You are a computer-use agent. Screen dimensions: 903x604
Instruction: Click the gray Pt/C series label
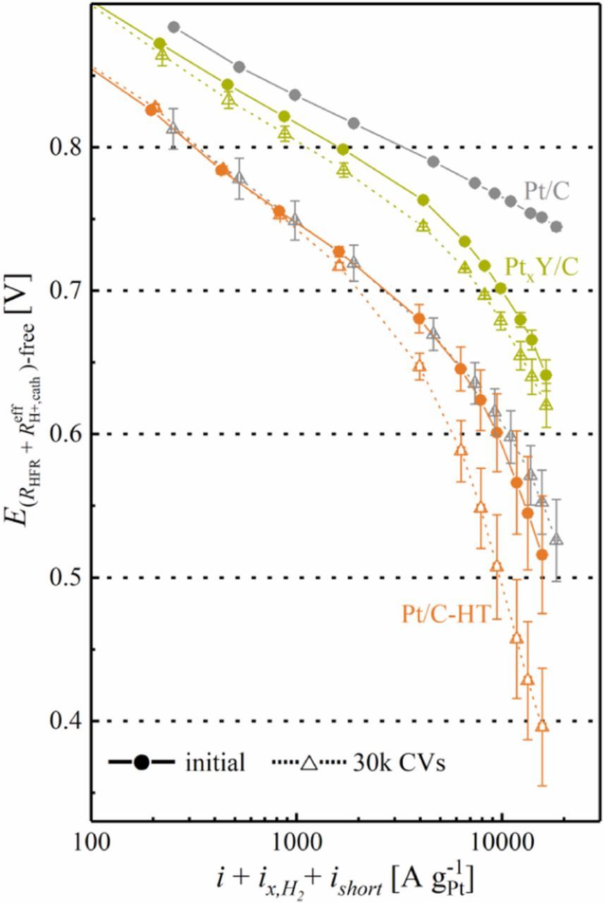click(x=548, y=190)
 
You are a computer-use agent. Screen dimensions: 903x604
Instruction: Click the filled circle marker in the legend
click(x=141, y=763)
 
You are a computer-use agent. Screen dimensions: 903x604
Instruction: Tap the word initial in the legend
click(x=215, y=763)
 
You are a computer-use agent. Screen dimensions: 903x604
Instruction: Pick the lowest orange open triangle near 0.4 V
click(x=542, y=726)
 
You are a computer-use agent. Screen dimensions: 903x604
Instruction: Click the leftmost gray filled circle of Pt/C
click(x=174, y=28)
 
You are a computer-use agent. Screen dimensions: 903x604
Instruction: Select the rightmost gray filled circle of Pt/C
click(x=556, y=227)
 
